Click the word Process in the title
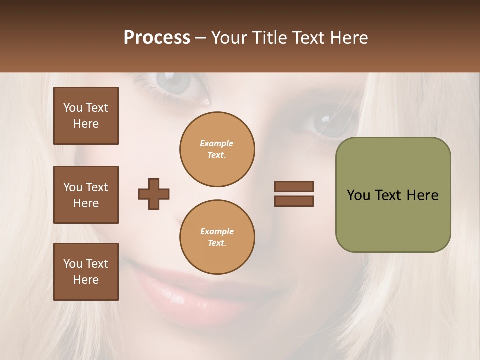click(157, 38)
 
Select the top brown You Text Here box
click(86, 116)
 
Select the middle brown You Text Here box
click(86, 195)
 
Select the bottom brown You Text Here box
click(86, 272)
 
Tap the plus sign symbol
click(154, 194)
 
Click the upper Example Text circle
click(217, 149)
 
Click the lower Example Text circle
click(217, 237)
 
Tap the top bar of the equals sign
click(294, 186)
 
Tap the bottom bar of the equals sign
click(294, 201)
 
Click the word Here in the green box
click(422, 195)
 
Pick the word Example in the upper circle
click(217, 143)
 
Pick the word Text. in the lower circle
click(217, 243)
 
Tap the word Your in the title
click(231, 38)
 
